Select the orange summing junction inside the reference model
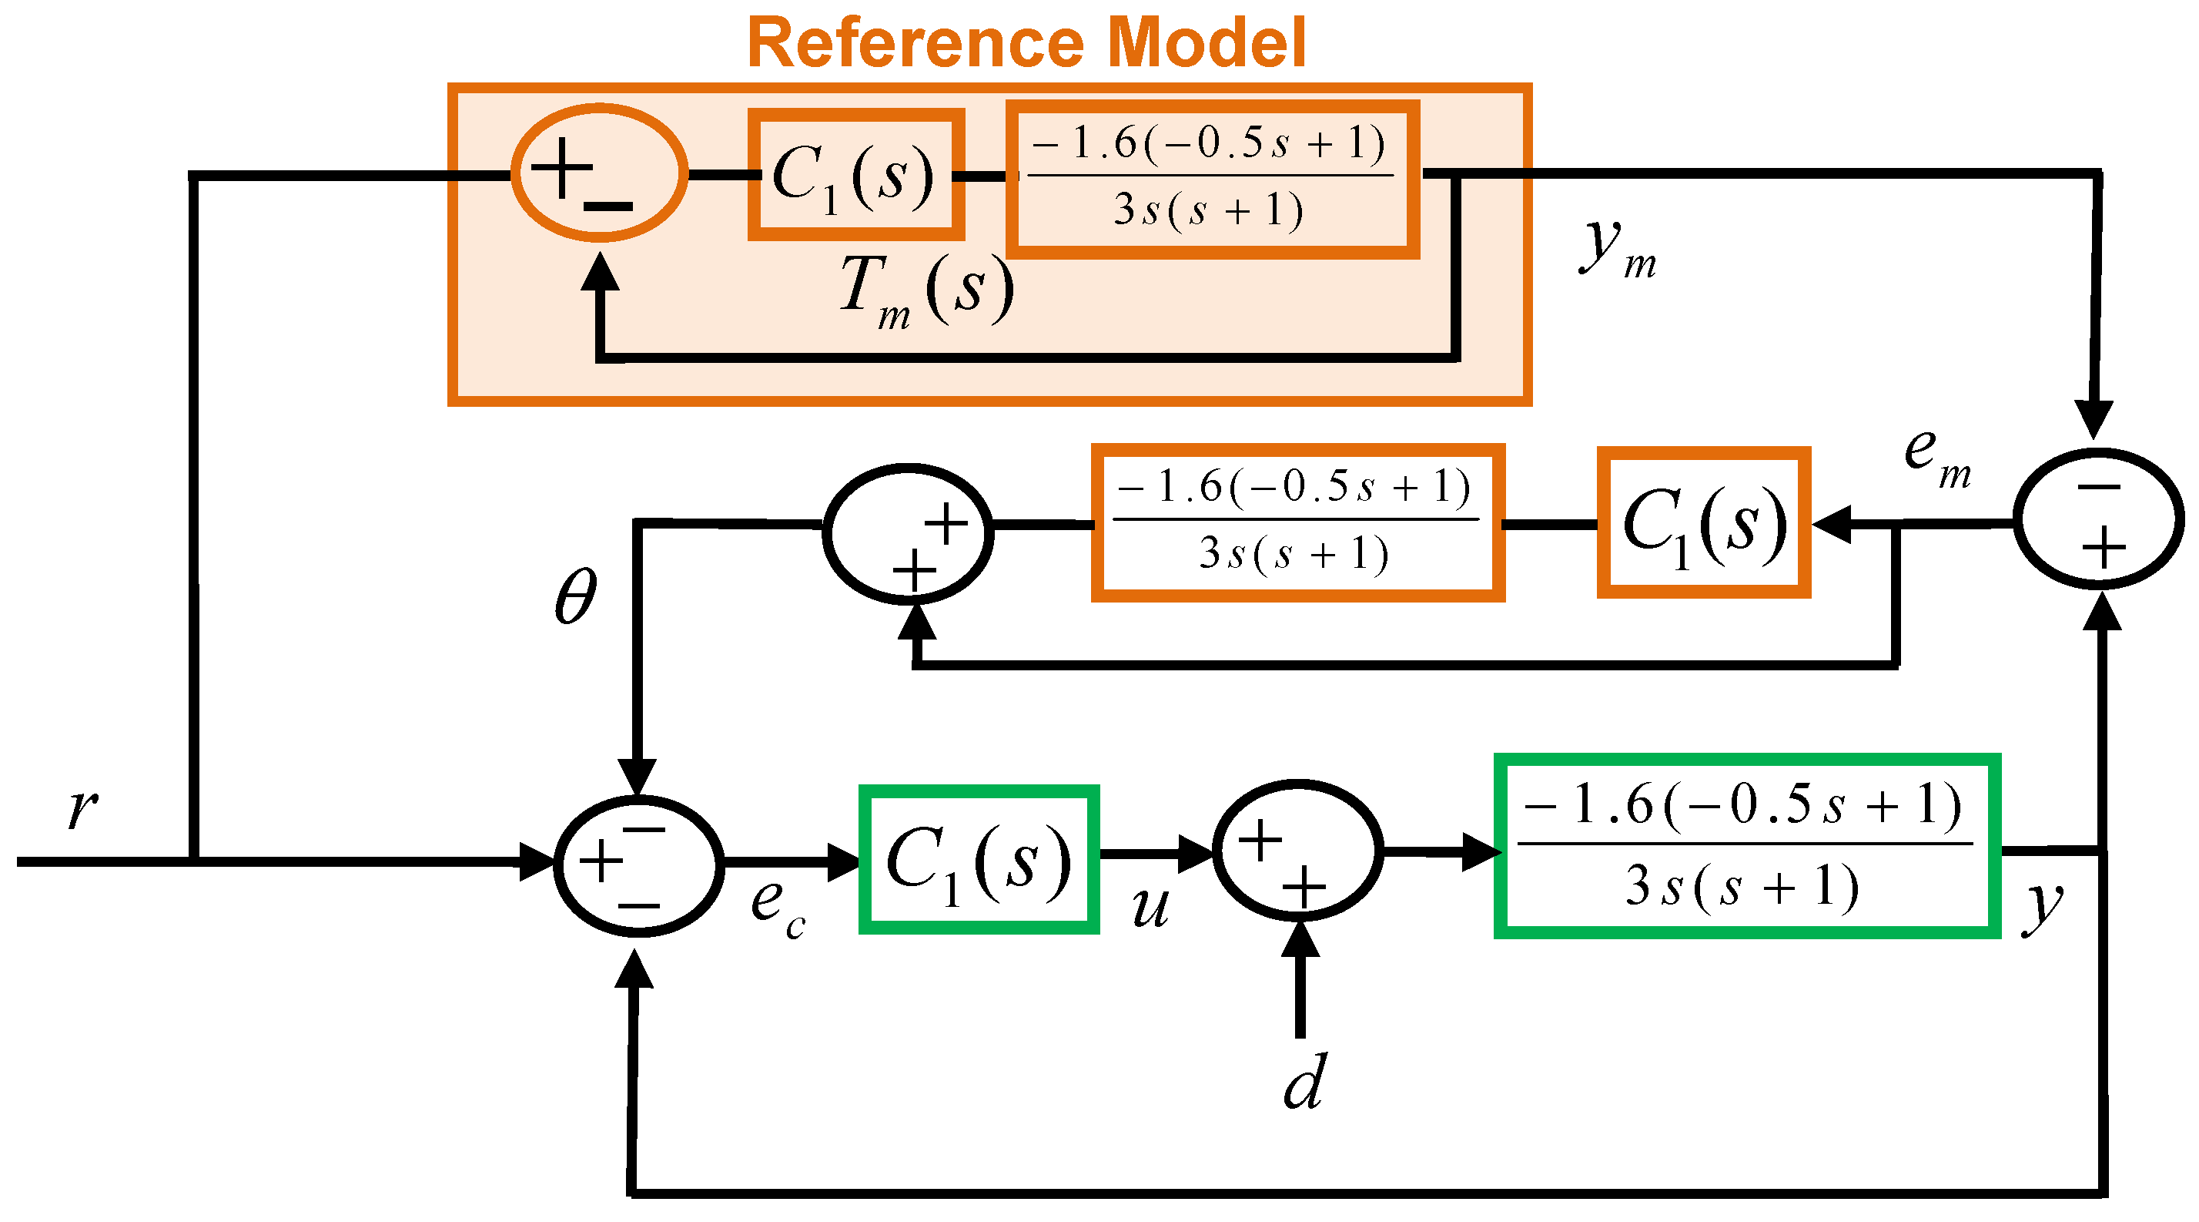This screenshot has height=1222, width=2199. point(598,173)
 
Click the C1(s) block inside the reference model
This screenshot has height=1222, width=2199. point(855,175)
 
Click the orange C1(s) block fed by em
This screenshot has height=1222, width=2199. point(1703,522)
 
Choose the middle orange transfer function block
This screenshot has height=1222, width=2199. point(1297,522)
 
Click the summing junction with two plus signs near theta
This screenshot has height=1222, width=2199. point(908,534)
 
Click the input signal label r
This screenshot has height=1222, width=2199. point(83,807)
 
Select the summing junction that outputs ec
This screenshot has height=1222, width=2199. point(638,865)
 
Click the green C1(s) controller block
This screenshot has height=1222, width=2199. point(979,859)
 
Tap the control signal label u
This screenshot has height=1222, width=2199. point(1149,907)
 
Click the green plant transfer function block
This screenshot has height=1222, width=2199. point(1745,846)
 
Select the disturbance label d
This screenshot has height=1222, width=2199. point(1304,1083)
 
